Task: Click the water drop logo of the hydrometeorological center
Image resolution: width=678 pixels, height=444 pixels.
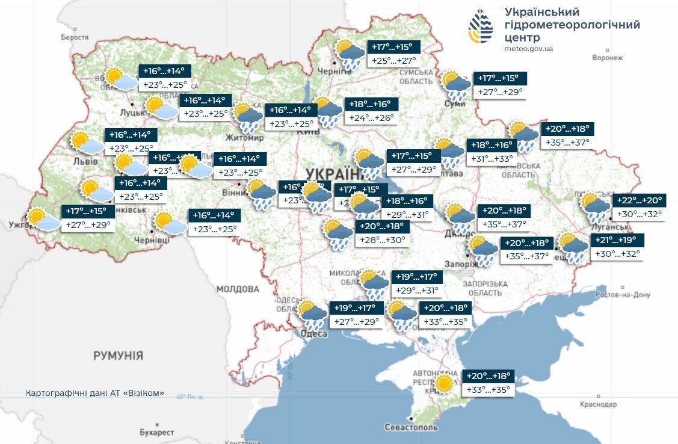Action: (x=480, y=26)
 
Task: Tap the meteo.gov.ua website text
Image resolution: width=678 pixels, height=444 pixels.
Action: (x=528, y=49)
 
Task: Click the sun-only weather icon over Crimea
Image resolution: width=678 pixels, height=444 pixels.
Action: (x=445, y=383)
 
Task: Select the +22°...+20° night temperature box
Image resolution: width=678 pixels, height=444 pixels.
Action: (x=639, y=200)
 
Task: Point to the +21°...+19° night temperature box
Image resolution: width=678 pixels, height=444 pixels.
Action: (x=619, y=240)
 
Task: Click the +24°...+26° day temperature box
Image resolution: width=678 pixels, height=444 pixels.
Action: (x=372, y=117)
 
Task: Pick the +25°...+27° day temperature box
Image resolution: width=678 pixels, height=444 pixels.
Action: (x=394, y=60)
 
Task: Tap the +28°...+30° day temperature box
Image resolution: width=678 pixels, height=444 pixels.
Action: (x=383, y=239)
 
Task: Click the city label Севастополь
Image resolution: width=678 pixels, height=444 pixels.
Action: (x=411, y=427)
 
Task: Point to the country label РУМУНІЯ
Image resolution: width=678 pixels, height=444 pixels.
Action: (x=118, y=356)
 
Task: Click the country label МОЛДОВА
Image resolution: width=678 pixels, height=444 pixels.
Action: (x=238, y=289)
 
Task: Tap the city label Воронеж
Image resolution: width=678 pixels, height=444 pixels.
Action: (x=606, y=58)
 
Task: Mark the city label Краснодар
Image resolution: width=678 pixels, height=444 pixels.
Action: (x=598, y=404)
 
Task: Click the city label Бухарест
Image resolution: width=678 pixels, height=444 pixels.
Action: (x=156, y=432)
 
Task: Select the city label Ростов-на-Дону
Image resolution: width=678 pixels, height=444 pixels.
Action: (x=623, y=295)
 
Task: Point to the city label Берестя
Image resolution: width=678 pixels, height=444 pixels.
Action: (x=75, y=37)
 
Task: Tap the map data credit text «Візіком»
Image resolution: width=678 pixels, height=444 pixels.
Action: (x=95, y=393)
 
